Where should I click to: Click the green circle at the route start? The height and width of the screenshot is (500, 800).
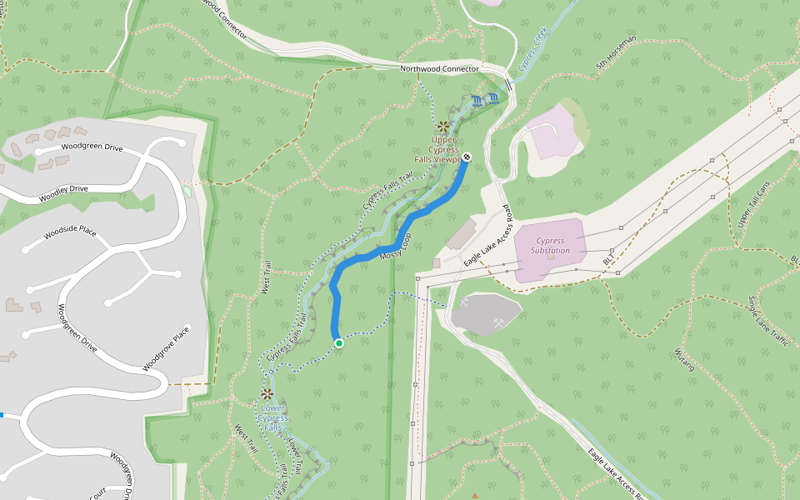tap(338, 343)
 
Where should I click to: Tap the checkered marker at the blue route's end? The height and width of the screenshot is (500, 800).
tap(467, 157)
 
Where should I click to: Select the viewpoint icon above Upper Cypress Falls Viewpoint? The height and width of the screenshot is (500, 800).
tap(443, 127)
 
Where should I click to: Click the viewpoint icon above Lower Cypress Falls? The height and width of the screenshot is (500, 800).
tap(267, 393)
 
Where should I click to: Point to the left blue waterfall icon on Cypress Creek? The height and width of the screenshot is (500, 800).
tap(477, 101)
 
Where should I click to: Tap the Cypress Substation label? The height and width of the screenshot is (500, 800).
tap(550, 246)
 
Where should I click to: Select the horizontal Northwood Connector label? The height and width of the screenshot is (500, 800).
tap(439, 69)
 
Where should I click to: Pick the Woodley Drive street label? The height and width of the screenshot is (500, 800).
tap(63, 193)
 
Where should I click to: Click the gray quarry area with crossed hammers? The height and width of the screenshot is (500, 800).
tap(485, 312)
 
